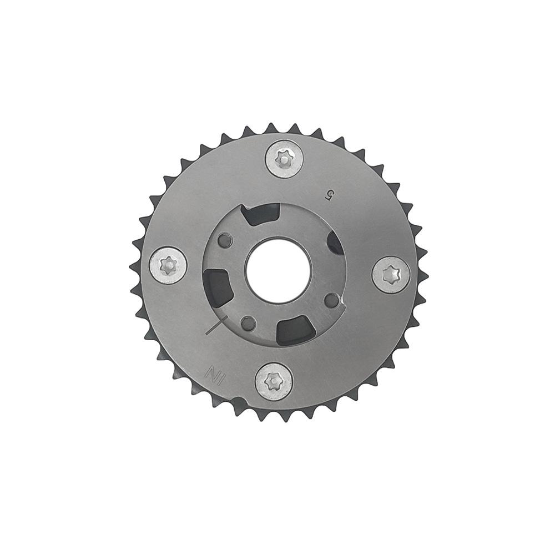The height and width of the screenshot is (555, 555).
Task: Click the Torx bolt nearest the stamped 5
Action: (x=284, y=160)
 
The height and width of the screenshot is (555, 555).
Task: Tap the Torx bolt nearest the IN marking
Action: (x=274, y=382)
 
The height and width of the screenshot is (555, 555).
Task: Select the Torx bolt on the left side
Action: (x=168, y=265)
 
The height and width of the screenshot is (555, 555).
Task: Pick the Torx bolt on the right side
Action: (x=392, y=275)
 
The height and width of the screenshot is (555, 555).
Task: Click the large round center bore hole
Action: (x=279, y=270)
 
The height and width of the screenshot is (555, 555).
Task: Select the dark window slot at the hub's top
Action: (x=261, y=214)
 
